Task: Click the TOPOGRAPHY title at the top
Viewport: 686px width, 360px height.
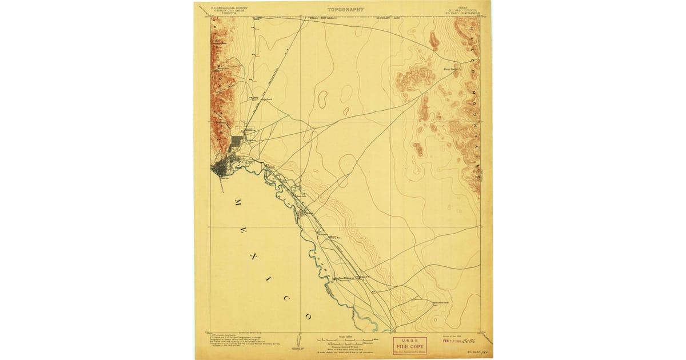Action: coord(345,10)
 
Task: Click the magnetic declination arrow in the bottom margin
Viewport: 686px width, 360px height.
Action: coord(298,341)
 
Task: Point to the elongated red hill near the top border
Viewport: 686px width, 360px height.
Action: coord(434,39)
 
